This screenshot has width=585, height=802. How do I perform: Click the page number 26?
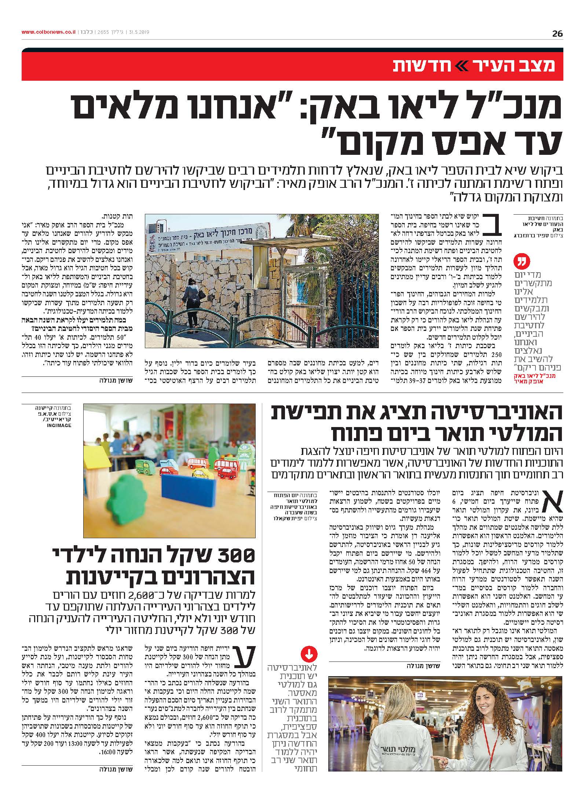point(557,34)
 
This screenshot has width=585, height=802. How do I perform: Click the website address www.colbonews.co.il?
point(48,32)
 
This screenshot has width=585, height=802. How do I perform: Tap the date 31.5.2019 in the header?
point(139,32)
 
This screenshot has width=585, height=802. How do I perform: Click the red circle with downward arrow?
point(308,654)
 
